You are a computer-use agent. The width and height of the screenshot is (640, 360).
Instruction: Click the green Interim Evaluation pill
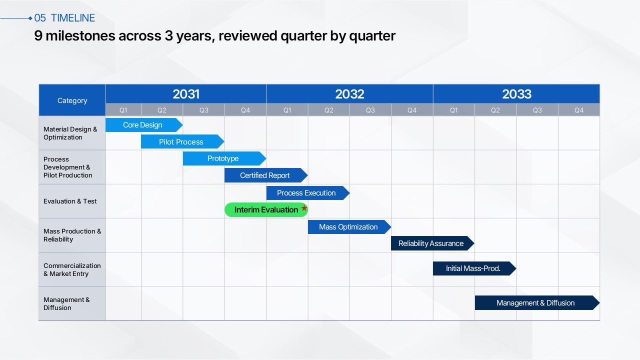tap(266, 209)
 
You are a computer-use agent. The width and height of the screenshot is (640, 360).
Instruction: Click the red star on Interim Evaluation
tap(304, 207)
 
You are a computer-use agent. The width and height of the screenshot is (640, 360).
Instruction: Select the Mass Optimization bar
tap(349, 227)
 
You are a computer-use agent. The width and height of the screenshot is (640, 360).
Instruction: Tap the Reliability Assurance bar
tap(432, 243)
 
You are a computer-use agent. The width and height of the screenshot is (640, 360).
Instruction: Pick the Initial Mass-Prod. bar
tap(474, 268)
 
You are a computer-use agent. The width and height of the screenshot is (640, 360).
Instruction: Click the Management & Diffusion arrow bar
tap(537, 303)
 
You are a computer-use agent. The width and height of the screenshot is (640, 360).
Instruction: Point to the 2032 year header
tap(349, 94)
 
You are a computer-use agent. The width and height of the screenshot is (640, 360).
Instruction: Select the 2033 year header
tap(516, 94)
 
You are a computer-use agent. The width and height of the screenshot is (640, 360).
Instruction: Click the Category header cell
tap(72, 100)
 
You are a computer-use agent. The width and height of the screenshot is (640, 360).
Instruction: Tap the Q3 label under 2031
tap(203, 110)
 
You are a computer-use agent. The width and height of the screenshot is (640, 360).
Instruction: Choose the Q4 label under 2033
tap(579, 110)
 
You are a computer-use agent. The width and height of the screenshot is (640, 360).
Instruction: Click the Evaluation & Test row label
tap(70, 201)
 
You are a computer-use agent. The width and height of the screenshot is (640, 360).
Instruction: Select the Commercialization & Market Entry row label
tap(72, 269)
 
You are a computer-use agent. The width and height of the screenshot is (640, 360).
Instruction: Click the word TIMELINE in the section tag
tap(73, 18)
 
